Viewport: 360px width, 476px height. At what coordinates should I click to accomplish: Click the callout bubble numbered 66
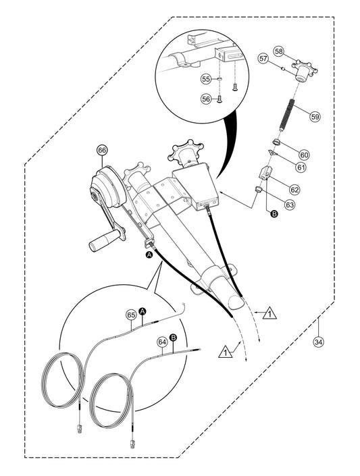pos(102,151)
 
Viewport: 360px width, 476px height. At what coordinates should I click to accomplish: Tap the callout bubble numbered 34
pos(318,342)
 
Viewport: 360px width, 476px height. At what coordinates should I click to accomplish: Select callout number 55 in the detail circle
pos(206,79)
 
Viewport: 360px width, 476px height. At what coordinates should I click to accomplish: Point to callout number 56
pos(206,99)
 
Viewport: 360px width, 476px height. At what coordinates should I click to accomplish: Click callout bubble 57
pos(263,58)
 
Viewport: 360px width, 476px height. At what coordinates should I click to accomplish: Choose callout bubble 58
pos(279,51)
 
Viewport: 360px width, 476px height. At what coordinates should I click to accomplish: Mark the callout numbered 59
pos(315,116)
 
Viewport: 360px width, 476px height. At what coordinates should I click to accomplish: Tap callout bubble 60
pos(304,155)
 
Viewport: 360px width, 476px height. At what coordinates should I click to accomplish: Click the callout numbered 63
pos(290,205)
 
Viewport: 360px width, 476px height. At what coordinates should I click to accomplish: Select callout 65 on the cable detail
pos(131,315)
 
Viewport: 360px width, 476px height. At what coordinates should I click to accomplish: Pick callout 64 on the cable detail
pos(162,342)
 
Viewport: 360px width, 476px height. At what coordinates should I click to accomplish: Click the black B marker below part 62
pos(274,214)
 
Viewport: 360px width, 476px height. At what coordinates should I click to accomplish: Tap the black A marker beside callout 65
pos(143,311)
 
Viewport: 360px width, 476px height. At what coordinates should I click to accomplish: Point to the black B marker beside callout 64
pos(173,338)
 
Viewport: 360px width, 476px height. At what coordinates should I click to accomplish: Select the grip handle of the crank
pos(101,241)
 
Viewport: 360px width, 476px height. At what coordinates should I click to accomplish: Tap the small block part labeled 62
pos(264,173)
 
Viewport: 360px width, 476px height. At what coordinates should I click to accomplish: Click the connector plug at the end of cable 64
pos(132,444)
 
